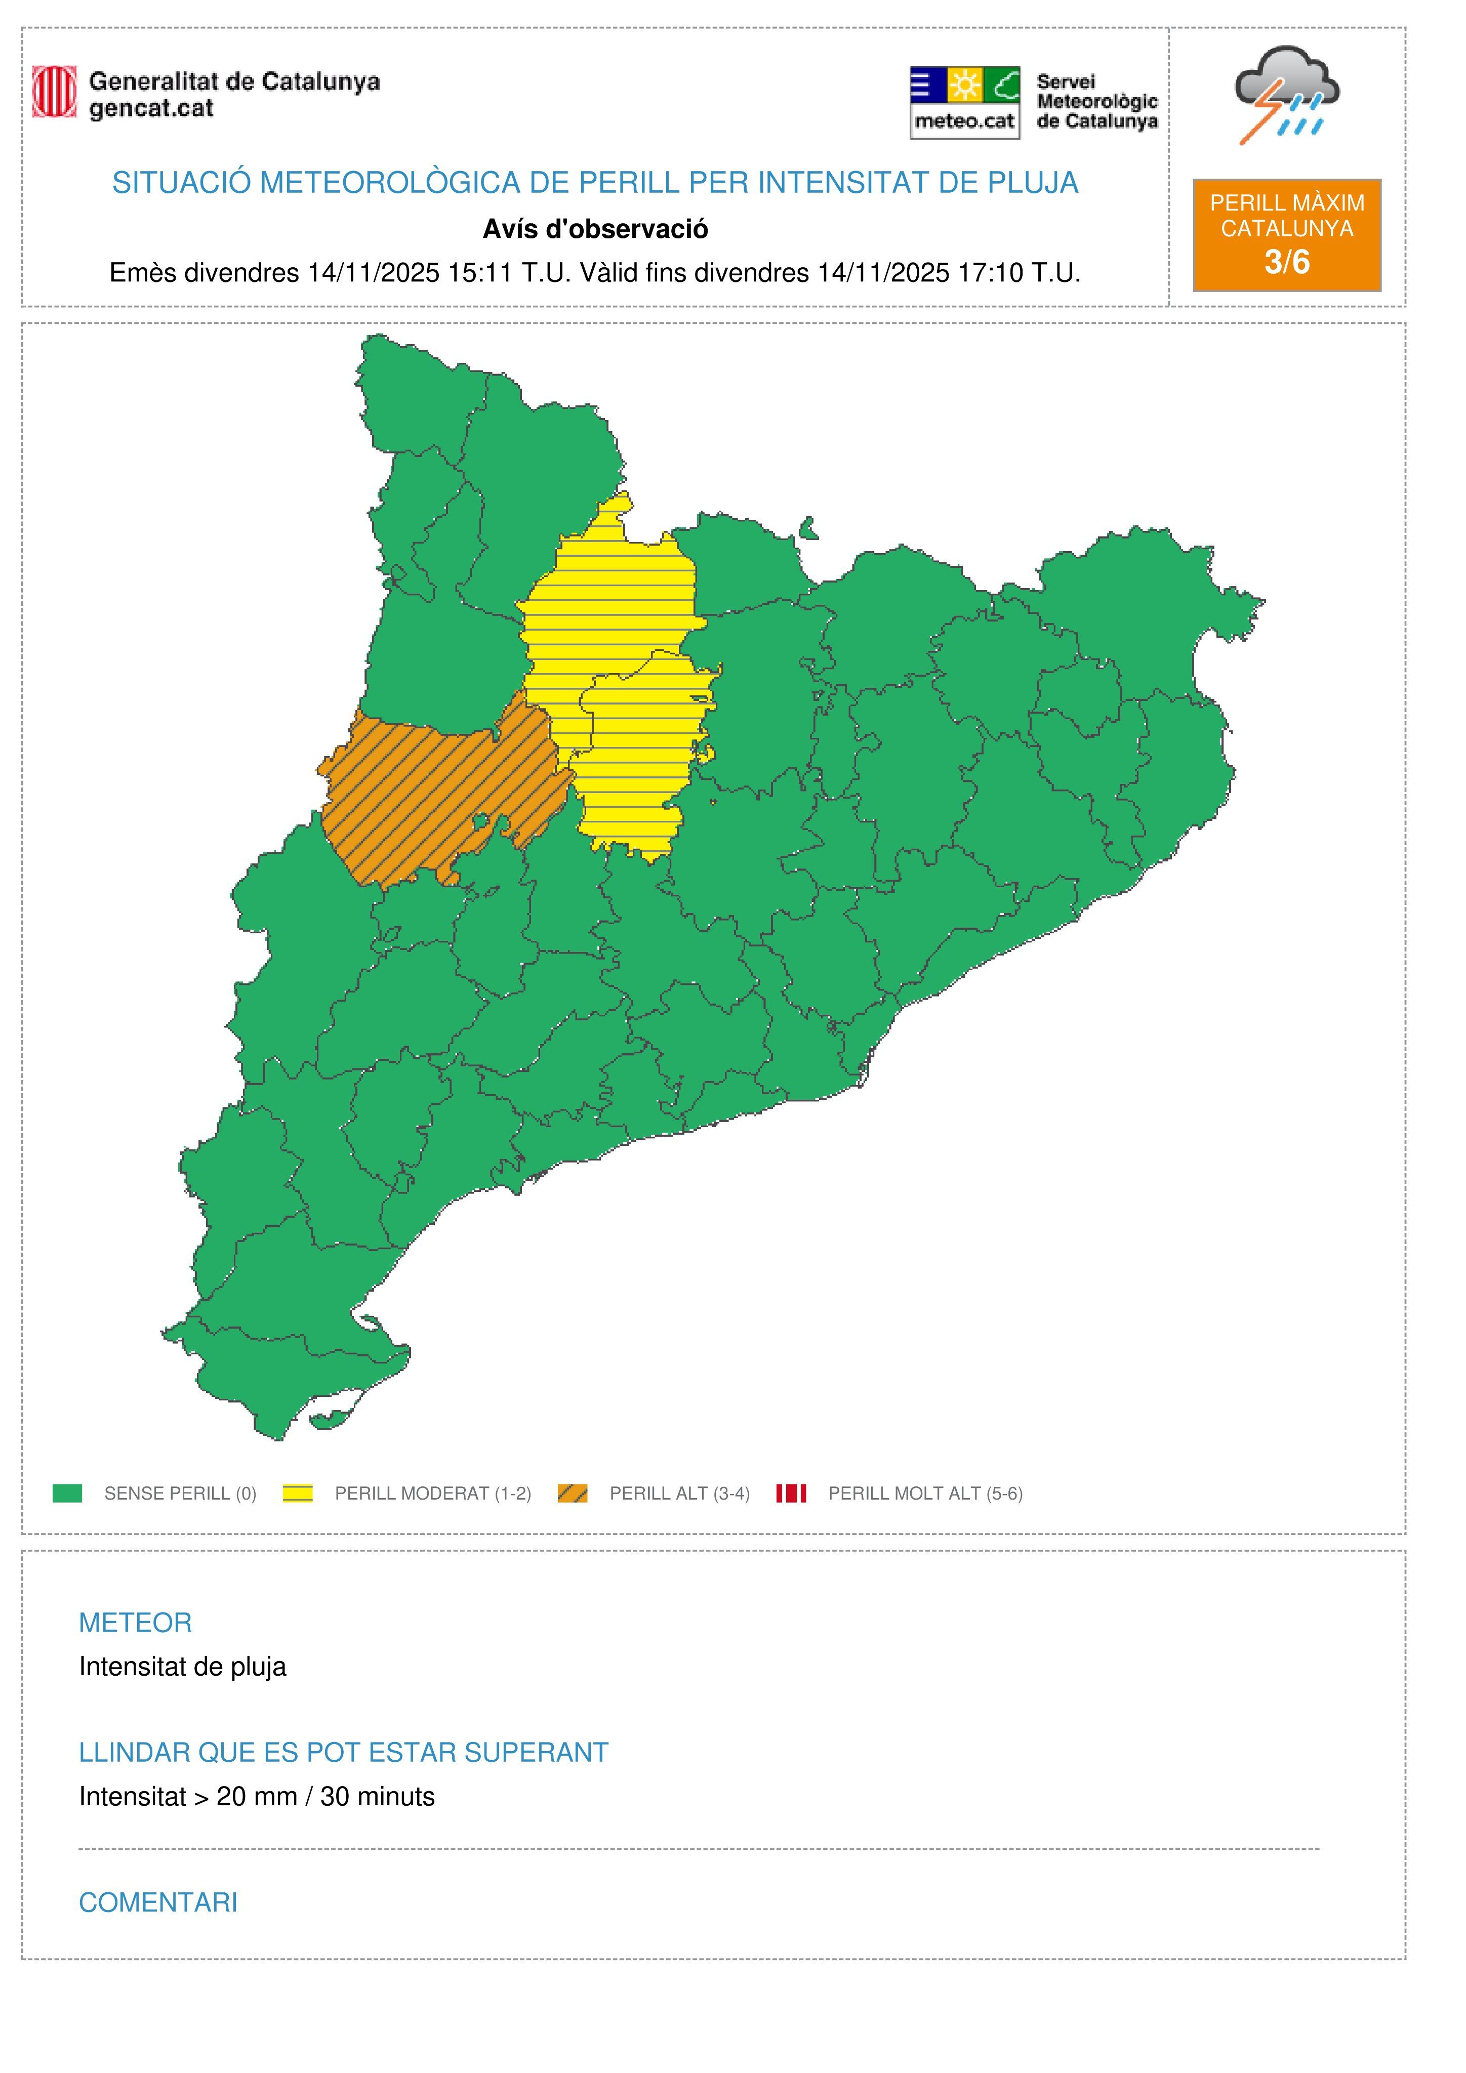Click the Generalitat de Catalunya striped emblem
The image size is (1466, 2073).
click(x=54, y=92)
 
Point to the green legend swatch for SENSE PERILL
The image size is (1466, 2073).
click(x=68, y=1494)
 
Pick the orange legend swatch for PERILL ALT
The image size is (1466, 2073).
click(x=573, y=1494)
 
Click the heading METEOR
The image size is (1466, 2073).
click(x=136, y=1623)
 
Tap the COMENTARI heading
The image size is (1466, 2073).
click(x=158, y=1902)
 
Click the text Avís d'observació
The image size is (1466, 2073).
click(x=595, y=229)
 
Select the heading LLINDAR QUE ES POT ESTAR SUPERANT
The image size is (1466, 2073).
click(x=343, y=1753)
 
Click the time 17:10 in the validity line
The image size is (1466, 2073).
click(x=990, y=273)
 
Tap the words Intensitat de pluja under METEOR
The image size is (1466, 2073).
click(x=182, y=1667)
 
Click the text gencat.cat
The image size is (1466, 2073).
click(x=151, y=108)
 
